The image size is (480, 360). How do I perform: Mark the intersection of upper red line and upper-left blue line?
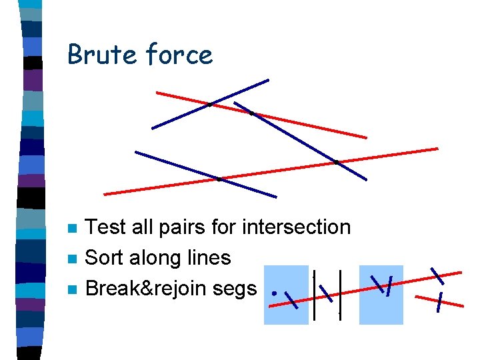(x=210, y=104)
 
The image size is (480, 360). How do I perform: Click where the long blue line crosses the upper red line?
(x=251, y=113)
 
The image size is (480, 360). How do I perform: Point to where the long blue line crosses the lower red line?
(x=337, y=161)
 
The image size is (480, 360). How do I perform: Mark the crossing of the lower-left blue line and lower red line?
(x=219, y=179)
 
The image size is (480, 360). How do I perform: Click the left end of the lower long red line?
(x=105, y=194)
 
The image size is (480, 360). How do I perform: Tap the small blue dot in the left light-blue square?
(x=274, y=291)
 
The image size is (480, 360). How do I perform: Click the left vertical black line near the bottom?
(x=314, y=296)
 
